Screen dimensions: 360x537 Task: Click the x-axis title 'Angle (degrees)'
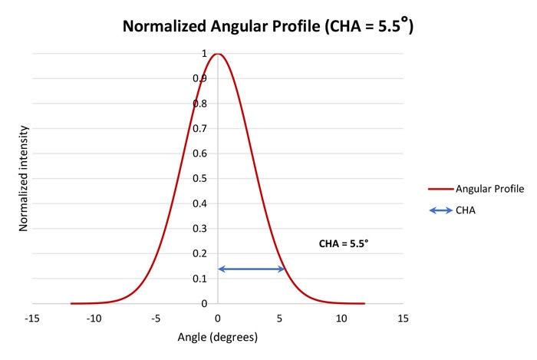tap(217, 337)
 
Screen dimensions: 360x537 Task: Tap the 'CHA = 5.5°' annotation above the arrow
tap(344, 244)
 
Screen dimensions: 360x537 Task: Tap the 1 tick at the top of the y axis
tap(204, 54)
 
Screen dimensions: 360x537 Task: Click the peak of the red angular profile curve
tap(218, 54)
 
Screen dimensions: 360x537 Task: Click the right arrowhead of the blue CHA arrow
tap(282, 269)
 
